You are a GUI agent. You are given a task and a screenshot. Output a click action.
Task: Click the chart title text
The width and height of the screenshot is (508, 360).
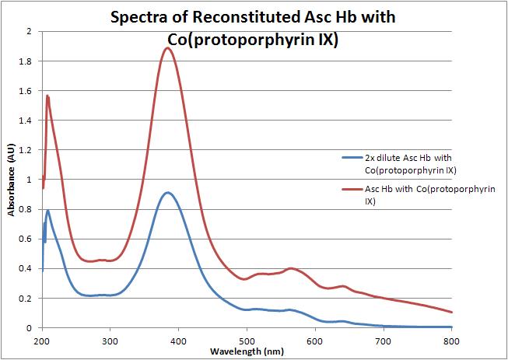[254, 28]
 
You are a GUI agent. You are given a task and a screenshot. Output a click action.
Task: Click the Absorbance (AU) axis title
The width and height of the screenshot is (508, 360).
[12, 179]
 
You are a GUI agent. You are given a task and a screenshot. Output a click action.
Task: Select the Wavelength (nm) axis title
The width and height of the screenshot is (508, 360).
[246, 351]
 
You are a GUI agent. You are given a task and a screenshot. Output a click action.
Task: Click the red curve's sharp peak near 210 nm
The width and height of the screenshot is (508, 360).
[47, 96]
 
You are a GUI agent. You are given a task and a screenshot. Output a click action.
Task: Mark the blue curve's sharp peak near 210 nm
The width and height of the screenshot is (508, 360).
[48, 210]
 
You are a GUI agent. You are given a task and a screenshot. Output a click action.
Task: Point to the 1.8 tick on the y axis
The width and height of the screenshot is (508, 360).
[29, 61]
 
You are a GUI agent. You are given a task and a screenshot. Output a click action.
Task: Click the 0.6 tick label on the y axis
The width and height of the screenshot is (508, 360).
[29, 239]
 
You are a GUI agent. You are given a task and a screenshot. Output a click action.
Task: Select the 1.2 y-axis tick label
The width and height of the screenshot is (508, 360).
[29, 149]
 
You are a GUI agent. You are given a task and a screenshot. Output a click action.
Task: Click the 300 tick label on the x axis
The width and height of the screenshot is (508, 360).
[110, 340]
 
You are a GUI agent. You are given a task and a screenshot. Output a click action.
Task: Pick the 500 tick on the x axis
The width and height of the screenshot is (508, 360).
[247, 340]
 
